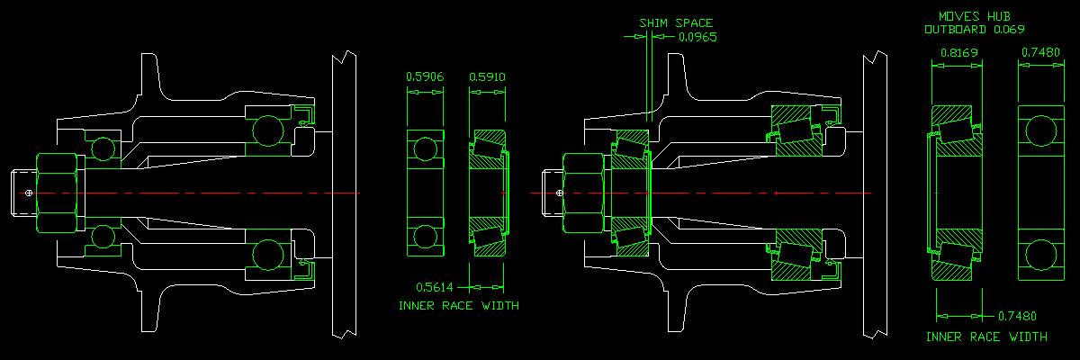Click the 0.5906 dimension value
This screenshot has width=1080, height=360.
(425, 77)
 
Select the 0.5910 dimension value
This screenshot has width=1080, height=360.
(487, 77)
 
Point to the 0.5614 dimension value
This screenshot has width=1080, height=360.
(438, 287)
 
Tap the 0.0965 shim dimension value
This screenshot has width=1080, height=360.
(697, 38)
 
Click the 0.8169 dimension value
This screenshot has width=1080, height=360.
(959, 53)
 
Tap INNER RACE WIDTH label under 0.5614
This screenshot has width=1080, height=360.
(458, 306)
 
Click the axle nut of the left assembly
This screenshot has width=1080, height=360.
(58, 193)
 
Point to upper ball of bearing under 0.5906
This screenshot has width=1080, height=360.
(425, 149)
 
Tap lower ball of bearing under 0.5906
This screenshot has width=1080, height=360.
(425, 238)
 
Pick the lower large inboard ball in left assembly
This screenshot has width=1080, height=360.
(267, 256)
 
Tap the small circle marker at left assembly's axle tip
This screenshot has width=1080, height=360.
(30, 193)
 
